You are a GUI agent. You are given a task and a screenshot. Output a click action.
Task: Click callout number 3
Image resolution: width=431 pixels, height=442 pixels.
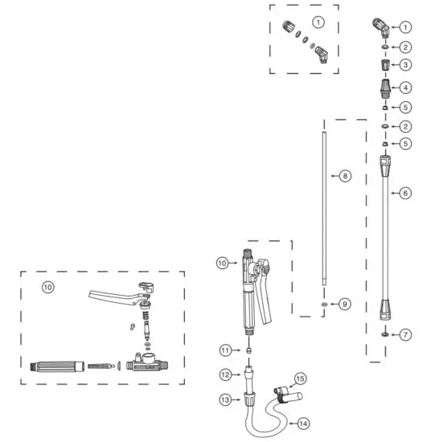407,65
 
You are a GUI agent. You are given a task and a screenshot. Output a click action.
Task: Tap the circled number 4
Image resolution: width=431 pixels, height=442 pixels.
407,87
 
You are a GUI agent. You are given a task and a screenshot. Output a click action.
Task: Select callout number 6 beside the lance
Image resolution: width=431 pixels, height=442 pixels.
406,193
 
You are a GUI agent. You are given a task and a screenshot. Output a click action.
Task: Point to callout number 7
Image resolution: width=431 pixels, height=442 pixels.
407,334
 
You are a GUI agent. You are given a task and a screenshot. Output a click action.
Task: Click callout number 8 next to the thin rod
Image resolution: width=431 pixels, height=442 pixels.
345,175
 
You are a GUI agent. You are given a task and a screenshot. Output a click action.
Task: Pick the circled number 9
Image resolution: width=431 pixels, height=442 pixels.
345,305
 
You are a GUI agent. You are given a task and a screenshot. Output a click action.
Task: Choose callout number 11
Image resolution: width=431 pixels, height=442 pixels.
226,350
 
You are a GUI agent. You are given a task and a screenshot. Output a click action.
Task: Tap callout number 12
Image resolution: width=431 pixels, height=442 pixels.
226,374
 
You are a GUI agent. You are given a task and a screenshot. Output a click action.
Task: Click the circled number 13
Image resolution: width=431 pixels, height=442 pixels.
226,399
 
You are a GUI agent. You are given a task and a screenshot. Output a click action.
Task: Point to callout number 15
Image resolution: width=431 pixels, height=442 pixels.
299,378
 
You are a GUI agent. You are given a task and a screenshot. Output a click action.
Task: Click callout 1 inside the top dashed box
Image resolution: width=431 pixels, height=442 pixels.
318,21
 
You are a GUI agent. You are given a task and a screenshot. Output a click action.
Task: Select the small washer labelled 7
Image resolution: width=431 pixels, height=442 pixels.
385,334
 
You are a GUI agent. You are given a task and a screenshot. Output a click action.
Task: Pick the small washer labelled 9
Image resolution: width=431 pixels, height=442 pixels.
322,305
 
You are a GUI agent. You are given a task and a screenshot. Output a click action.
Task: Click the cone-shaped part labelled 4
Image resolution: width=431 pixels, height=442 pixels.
385,86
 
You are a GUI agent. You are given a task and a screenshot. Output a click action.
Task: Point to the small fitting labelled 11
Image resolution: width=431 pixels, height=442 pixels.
248,350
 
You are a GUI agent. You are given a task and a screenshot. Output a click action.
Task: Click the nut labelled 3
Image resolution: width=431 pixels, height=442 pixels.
385,64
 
